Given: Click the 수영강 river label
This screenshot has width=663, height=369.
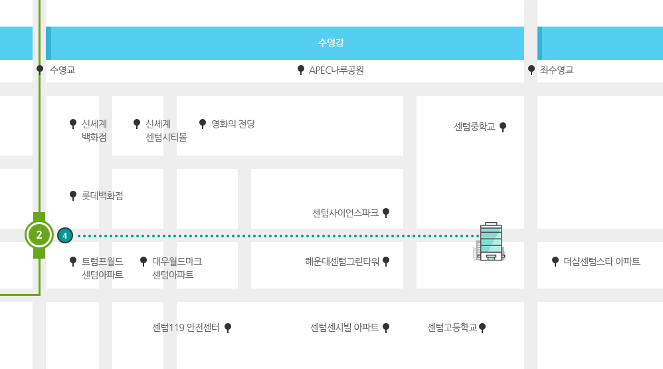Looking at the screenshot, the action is coord(331,43).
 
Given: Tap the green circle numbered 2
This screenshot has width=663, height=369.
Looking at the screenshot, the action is coord(39,235).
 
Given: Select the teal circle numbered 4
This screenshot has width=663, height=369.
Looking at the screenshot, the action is coord(64,236).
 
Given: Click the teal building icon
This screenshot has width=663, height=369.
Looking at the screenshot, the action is coord(490,241).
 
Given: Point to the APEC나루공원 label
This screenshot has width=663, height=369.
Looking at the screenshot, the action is coord(336,70).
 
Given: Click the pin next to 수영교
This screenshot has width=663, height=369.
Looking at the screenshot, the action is coord(40,69).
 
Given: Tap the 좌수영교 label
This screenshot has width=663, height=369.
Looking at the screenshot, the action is coord(557,70).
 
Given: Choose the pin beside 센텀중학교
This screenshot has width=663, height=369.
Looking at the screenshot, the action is coord(503,127).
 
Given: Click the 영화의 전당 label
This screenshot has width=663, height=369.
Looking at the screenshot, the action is coord(233,124).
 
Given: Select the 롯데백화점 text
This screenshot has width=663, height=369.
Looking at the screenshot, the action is coord(102,196).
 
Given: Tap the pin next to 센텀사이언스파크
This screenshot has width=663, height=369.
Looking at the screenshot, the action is coord(386,213).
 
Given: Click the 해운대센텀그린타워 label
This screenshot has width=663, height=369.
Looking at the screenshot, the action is coord(342,262).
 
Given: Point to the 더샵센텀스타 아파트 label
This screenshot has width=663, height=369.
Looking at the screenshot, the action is coord(602,261).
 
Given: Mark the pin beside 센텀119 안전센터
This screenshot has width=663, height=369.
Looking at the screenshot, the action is coord(228,328).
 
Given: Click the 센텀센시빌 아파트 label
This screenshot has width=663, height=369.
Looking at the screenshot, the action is coord(345,328).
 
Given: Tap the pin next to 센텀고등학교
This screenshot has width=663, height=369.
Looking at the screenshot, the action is coord(482,328).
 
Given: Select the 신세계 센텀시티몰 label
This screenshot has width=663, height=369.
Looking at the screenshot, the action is coord(166,130).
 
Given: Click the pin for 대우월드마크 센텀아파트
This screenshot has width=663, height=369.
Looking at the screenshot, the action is coord(143,261).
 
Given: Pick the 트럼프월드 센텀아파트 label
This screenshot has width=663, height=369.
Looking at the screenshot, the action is coord(102,268).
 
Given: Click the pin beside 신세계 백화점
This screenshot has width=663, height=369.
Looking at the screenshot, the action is coord(73,124).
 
